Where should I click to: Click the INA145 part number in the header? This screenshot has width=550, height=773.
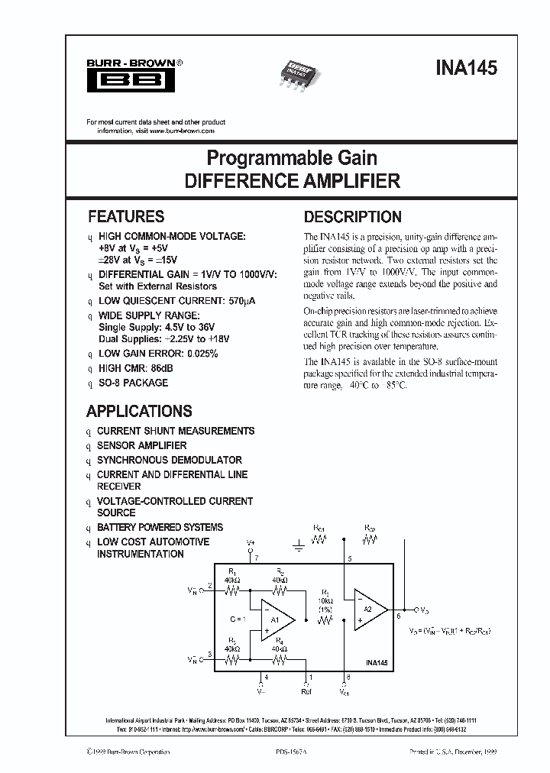point(467,67)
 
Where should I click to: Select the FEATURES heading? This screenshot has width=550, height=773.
point(126,216)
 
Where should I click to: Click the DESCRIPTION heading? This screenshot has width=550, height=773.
point(352,216)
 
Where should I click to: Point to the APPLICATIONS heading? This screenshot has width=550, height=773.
point(139,411)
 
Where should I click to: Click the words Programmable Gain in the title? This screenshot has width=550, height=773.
point(293,158)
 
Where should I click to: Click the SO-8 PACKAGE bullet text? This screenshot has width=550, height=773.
point(132,383)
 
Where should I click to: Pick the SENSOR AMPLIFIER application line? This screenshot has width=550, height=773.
point(141,445)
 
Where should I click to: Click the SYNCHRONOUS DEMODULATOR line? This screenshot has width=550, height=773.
point(169,460)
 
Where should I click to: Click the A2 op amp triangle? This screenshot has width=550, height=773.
point(369,609)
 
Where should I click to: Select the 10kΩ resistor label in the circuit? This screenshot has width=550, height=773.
point(326,600)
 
